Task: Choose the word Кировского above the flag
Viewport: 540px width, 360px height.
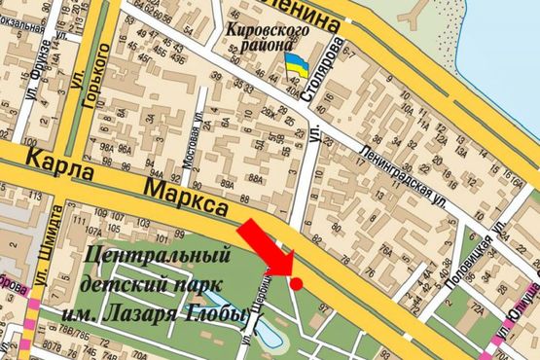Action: pos(268,30)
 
